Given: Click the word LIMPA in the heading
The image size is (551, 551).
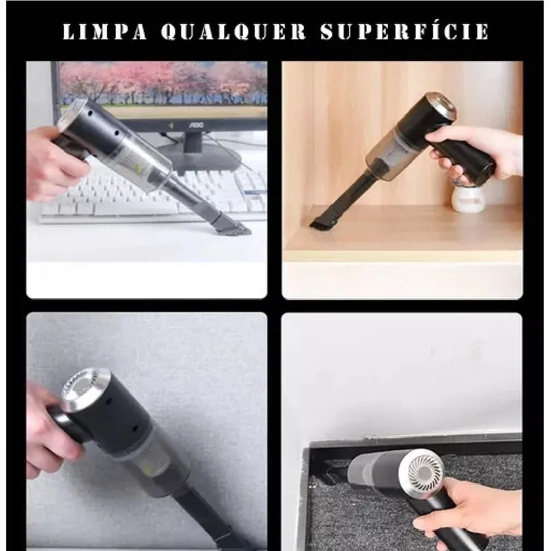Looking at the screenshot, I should pyautogui.click(x=105, y=32).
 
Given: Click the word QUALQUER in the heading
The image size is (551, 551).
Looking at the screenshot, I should pyautogui.click(x=234, y=32).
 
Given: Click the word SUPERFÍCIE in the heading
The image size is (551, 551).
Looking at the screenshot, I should pyautogui.click(x=405, y=32).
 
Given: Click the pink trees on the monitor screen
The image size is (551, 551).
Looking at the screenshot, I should pyautogui.click(x=167, y=83).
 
